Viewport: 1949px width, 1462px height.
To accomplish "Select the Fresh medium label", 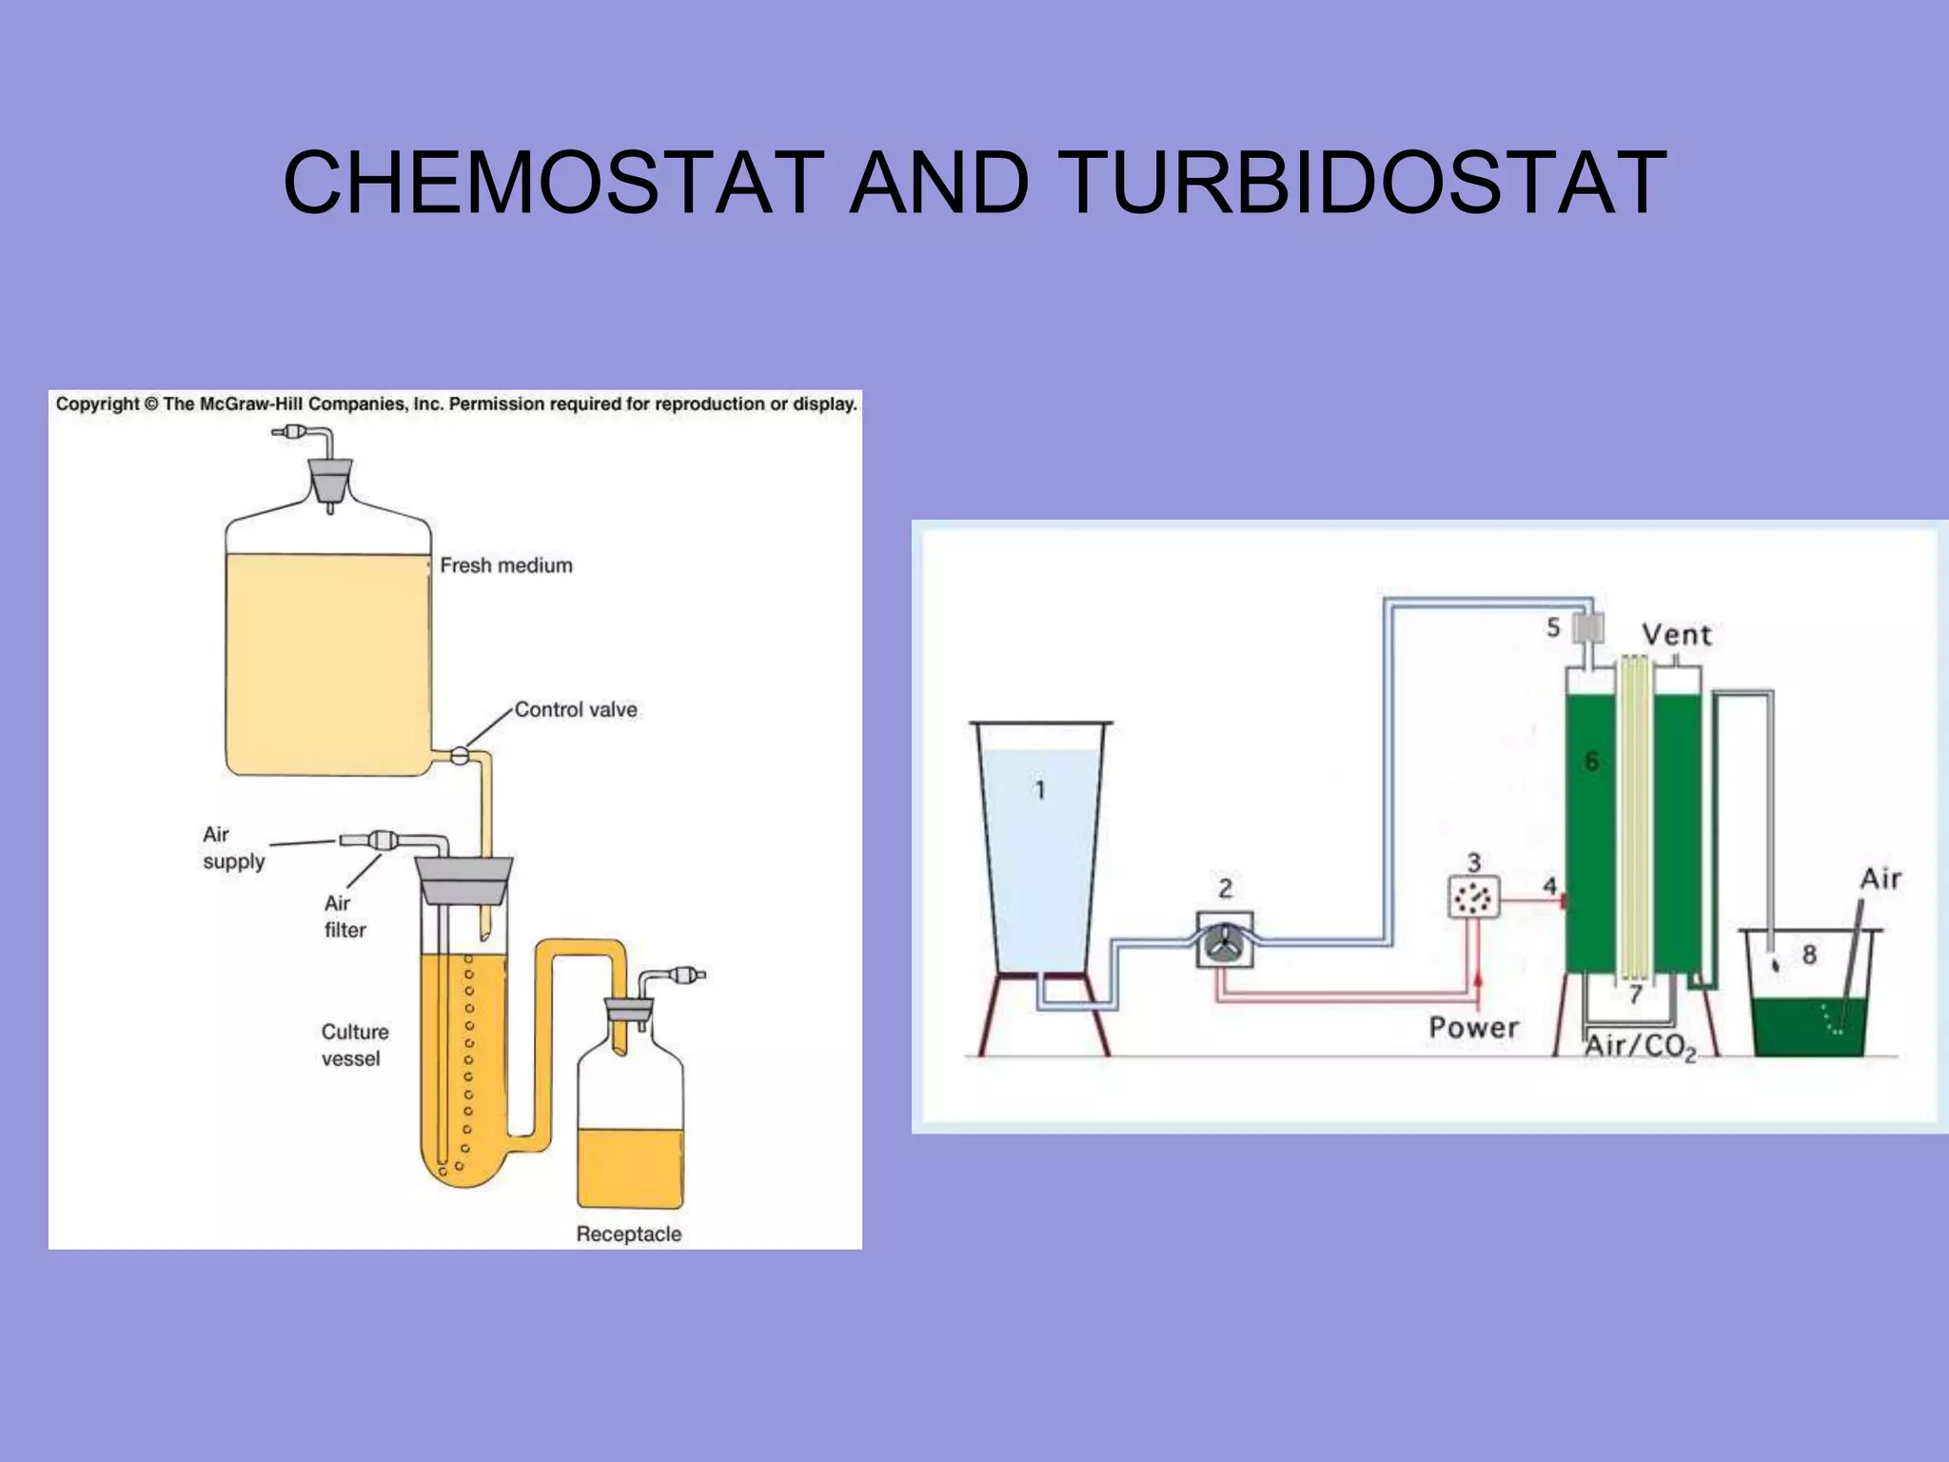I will (x=506, y=565).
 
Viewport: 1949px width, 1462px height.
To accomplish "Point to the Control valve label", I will (x=576, y=710).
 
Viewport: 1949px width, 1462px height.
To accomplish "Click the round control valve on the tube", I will (x=460, y=757).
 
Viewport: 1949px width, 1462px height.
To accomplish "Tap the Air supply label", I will (x=233, y=848).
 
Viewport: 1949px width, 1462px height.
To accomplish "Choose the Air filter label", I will (x=345, y=917).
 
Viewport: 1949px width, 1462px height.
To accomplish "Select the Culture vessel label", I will (x=354, y=1045).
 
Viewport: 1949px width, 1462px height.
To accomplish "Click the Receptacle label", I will (x=628, y=1235).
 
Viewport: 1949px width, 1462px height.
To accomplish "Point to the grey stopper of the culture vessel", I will (x=463, y=880).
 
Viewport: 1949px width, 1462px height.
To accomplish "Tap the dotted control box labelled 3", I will (x=1473, y=897).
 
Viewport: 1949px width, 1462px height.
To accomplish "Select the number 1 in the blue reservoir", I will (x=1040, y=790).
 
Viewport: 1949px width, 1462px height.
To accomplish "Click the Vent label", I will (x=1677, y=635).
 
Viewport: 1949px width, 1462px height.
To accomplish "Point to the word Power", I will (x=1473, y=1028).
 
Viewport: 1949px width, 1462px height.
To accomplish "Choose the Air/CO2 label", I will (x=1640, y=1047).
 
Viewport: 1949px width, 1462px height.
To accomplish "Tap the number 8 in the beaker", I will (x=1809, y=955).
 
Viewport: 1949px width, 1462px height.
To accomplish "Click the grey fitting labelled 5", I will (x=1587, y=628).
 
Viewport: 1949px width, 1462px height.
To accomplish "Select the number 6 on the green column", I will (x=1591, y=761).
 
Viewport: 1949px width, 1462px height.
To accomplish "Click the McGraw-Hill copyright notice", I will (x=456, y=405).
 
